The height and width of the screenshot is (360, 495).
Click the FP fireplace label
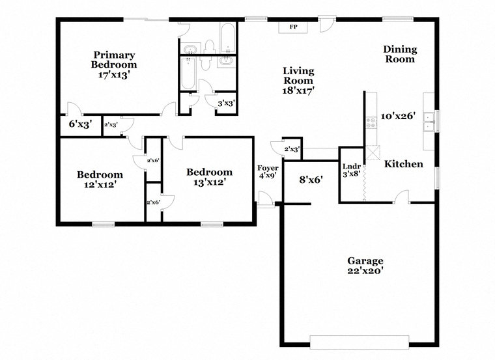coord(293,27)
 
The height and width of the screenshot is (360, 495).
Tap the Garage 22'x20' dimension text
coord(365,271)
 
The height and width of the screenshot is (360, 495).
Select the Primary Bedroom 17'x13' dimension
coord(114,75)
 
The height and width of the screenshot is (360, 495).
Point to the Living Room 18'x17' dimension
coord(298,90)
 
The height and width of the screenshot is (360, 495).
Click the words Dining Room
coord(400,54)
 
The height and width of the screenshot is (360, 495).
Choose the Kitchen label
coord(403,164)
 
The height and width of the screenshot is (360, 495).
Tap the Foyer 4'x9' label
coord(268,172)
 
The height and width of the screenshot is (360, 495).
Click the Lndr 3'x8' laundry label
coord(351,170)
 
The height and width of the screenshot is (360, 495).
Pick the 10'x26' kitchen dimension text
coord(397,116)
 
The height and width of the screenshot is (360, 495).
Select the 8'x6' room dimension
coord(311,180)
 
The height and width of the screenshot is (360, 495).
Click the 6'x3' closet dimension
coord(80,124)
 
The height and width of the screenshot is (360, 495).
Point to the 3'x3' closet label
coord(226,103)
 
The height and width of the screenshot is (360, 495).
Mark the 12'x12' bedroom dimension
coord(100,184)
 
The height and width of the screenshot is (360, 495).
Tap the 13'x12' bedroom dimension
coord(209,182)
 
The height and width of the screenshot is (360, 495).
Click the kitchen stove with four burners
coord(371,123)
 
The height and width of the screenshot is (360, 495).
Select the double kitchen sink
coord(429,122)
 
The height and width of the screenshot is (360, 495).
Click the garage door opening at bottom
coord(360,342)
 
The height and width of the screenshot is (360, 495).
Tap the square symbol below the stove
coord(373,153)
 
